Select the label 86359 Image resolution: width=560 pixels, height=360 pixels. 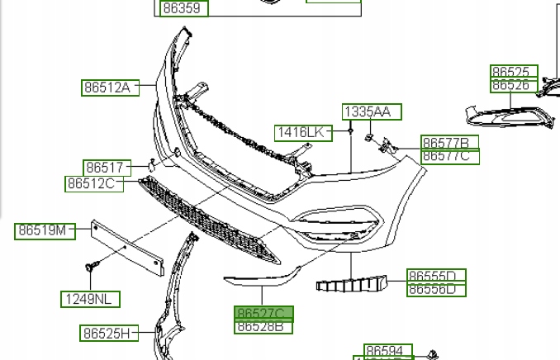click(182, 9)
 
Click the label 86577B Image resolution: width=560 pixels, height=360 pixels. click(449, 143)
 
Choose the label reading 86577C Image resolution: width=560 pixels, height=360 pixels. click(449, 156)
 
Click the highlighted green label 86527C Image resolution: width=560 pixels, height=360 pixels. click(263, 314)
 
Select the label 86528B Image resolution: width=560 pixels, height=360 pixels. click(263, 326)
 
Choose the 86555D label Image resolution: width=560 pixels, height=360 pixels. click(436, 276)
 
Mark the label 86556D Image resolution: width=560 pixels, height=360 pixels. click(436, 289)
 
